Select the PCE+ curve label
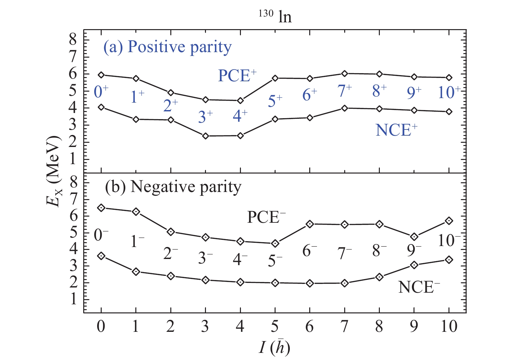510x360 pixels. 237,76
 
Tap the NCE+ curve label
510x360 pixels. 396,130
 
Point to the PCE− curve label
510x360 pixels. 266,217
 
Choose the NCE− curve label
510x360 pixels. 419,287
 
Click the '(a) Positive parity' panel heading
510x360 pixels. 167,47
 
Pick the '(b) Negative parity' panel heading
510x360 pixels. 173,187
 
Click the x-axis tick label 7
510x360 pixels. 345,326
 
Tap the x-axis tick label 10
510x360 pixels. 449,326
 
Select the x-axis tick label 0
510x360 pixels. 101,326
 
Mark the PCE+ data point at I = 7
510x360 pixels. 345,73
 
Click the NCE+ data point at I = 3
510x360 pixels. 205,136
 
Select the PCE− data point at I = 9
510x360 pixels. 414,237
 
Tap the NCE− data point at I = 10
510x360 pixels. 449,260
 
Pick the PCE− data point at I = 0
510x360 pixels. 101,208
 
